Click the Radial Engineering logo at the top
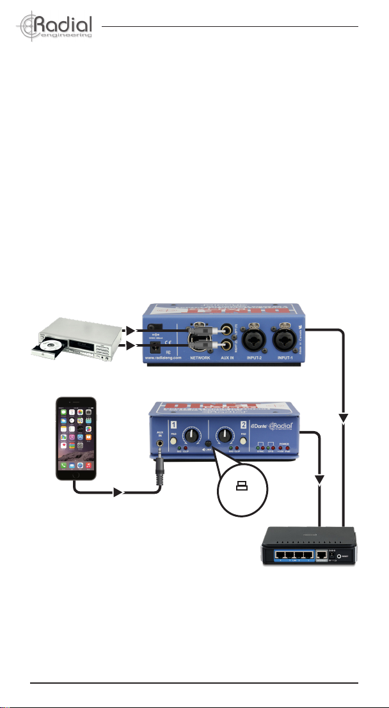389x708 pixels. pyautogui.click(x=56, y=26)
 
